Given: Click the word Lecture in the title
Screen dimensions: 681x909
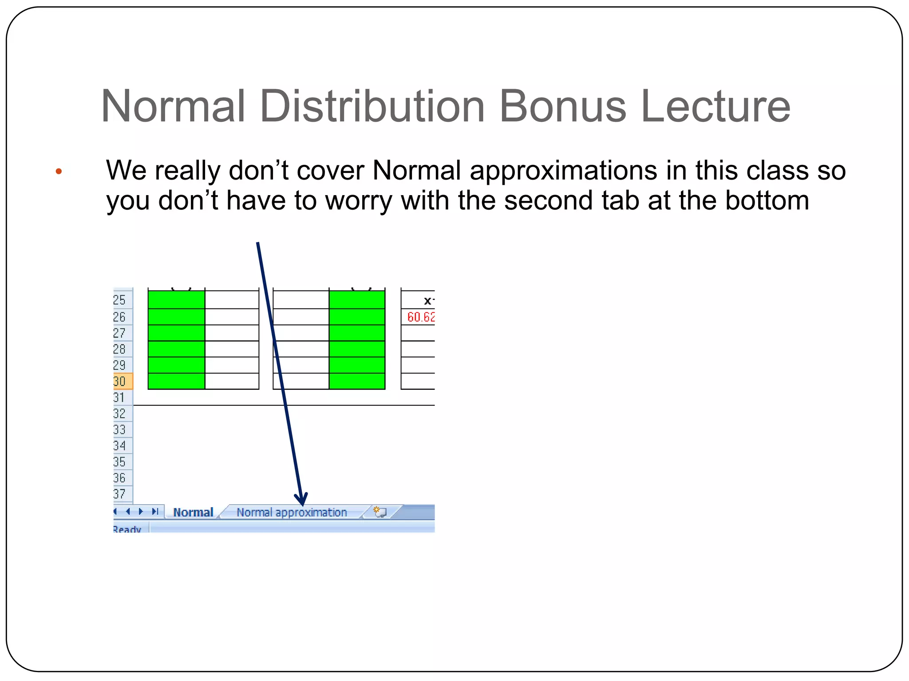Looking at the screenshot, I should [x=715, y=106].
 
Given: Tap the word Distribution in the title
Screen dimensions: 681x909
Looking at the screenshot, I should [x=372, y=106].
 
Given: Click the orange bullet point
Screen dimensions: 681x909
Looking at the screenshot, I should [x=59, y=172].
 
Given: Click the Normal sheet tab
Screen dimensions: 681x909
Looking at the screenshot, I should [x=193, y=513].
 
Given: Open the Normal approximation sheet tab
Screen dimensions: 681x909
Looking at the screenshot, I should [x=291, y=513].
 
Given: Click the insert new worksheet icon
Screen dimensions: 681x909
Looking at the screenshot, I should [x=380, y=512].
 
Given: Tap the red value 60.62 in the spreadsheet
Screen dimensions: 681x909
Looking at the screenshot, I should [x=421, y=317].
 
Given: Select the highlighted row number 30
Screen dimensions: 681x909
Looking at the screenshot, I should [x=120, y=381].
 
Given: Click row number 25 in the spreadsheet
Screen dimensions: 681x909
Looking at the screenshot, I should [x=120, y=300].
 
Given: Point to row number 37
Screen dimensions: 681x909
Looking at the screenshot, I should [x=120, y=494].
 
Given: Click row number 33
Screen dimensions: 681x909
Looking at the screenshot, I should [x=120, y=430].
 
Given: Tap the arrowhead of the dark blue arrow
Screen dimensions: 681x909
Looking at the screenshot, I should [x=302, y=500].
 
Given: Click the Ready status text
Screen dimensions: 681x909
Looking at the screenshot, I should [x=127, y=529].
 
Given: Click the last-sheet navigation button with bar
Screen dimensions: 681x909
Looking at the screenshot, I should [x=155, y=512].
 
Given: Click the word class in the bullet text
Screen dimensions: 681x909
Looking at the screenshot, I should [x=778, y=171].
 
